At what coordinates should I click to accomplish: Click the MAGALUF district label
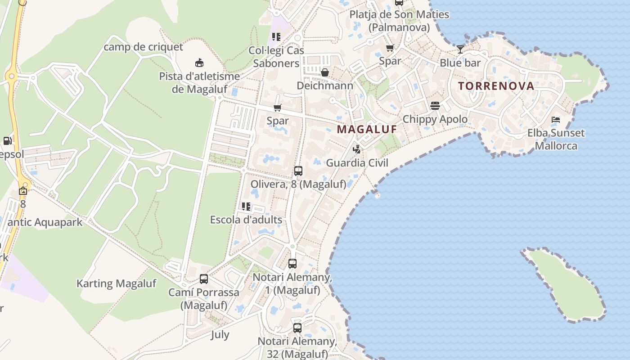click(x=367, y=129)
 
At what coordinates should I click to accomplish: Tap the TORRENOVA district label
click(x=496, y=86)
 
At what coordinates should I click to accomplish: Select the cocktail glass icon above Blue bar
click(x=460, y=49)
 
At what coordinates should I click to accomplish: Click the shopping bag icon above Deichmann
click(x=324, y=72)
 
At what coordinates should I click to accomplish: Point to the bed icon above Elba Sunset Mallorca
click(x=556, y=120)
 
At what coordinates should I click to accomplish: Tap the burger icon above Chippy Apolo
click(x=435, y=106)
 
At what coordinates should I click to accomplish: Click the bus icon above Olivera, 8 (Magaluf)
click(x=298, y=171)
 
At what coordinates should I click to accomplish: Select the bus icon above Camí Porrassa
click(x=204, y=279)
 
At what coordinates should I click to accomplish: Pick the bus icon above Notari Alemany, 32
click(x=297, y=328)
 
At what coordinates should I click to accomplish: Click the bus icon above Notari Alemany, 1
click(x=292, y=264)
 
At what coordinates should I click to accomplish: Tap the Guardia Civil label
click(x=357, y=163)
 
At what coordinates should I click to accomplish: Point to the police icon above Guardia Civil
click(x=357, y=149)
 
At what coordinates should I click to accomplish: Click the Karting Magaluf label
click(x=116, y=283)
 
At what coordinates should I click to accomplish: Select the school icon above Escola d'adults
click(x=246, y=207)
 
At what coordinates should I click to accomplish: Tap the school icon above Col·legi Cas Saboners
click(x=276, y=37)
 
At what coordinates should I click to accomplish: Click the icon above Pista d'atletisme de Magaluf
click(x=199, y=63)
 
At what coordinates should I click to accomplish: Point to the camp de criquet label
click(x=144, y=47)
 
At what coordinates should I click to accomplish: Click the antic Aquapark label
click(x=45, y=222)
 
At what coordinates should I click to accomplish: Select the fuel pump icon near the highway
click(x=7, y=140)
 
